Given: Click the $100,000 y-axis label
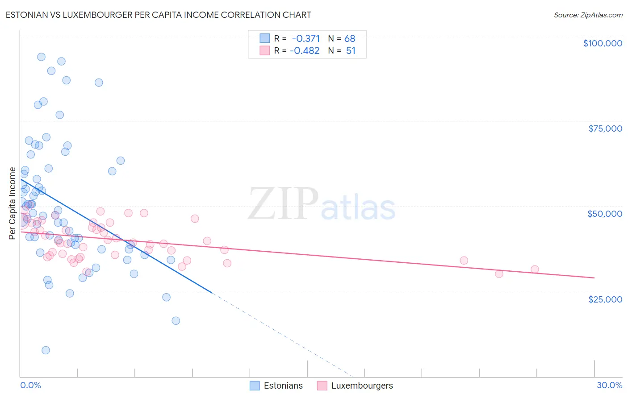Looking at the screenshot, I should pyautogui.click(x=603, y=43).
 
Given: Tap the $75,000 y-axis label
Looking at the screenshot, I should pyautogui.click(x=605, y=129).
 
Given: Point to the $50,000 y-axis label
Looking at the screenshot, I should pyautogui.click(x=605, y=214).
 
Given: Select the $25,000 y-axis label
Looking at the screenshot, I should pyautogui.click(x=605, y=299).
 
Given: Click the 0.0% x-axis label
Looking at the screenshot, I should pyautogui.click(x=30, y=385).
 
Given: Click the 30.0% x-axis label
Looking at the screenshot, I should pyautogui.click(x=609, y=385).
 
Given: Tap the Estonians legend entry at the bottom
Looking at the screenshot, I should pyautogui.click(x=283, y=386).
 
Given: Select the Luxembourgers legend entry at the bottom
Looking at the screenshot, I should pyautogui.click(x=362, y=386).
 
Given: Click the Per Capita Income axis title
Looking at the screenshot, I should pyautogui.click(x=13, y=203).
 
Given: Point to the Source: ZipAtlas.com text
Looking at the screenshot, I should pyautogui.click(x=588, y=15).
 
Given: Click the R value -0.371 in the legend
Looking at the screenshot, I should pyautogui.click(x=306, y=38).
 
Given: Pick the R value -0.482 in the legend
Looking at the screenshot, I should pyautogui.click(x=305, y=50).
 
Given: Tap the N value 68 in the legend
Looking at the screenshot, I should pyautogui.click(x=350, y=38).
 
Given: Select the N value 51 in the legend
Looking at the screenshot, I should pyautogui.click(x=351, y=50).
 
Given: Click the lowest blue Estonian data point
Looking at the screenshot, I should pyautogui.click(x=46, y=350).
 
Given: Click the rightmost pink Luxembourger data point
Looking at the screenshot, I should pyautogui.click(x=535, y=269).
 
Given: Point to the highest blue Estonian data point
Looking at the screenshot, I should pyautogui.click(x=41, y=57).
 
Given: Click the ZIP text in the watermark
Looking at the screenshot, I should pyautogui.click(x=283, y=203).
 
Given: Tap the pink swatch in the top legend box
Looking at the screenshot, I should pyautogui.click(x=265, y=50).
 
